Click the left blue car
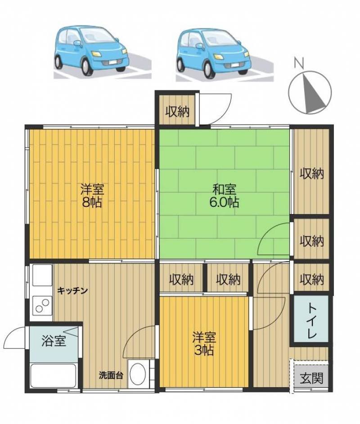91,50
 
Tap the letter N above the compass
299,63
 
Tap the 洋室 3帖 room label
204,344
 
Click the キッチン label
72,291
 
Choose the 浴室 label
54,341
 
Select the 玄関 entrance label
311,378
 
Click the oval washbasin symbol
138,374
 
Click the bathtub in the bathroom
53,375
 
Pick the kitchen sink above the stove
42,275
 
